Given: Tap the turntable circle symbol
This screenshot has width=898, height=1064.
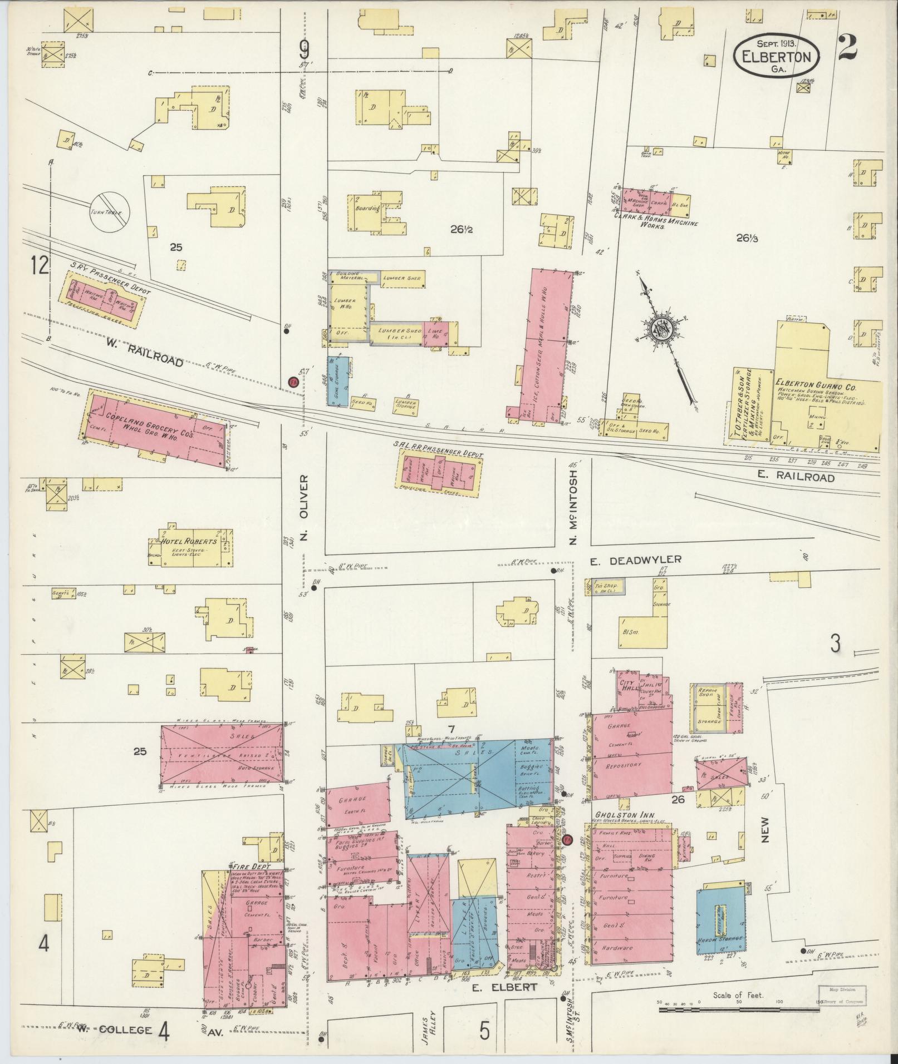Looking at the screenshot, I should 110,212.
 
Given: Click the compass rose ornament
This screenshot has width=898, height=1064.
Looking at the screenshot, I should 665,329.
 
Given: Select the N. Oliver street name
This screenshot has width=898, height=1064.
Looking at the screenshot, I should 304,508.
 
